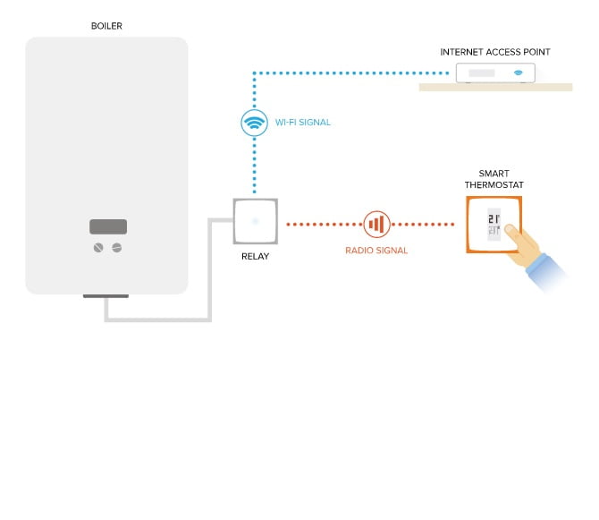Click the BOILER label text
(x=106, y=26)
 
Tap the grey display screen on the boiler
(x=107, y=226)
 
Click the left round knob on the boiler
(x=98, y=247)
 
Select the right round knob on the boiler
(x=116, y=247)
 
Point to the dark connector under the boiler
(x=105, y=295)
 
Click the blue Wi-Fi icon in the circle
(x=255, y=123)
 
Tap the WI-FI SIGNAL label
(x=303, y=123)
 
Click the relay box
(x=255, y=220)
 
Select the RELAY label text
(x=255, y=257)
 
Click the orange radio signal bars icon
(x=376, y=224)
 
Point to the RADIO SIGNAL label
(x=376, y=251)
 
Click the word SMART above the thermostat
(x=494, y=174)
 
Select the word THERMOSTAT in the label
(x=494, y=185)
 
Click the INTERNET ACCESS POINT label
(x=494, y=52)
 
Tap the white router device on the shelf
(x=495, y=72)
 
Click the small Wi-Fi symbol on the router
(x=518, y=72)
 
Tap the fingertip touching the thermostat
(x=507, y=230)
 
